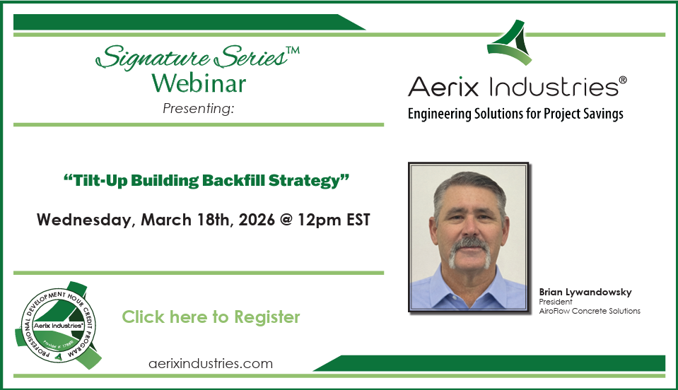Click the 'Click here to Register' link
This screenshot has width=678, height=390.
click(211, 317)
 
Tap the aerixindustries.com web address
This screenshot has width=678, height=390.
click(211, 364)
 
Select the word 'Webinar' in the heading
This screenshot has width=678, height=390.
click(199, 83)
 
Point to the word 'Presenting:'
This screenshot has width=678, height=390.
click(198, 108)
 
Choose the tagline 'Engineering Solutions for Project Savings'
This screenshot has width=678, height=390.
click(515, 113)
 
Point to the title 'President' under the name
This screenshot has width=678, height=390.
click(556, 302)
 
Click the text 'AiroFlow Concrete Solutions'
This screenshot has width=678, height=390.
click(590, 311)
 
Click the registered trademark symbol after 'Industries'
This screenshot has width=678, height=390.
click(623, 81)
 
